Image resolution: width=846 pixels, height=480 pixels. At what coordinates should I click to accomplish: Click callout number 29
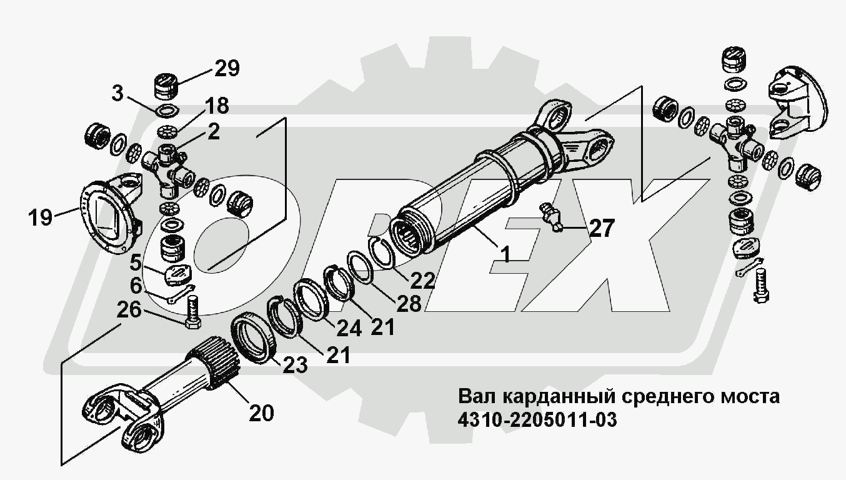[227, 68]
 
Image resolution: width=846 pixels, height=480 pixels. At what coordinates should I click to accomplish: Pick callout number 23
[294, 364]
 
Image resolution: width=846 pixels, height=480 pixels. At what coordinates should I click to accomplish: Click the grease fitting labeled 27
[550, 216]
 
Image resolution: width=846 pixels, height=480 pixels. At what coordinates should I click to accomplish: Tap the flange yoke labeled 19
[112, 209]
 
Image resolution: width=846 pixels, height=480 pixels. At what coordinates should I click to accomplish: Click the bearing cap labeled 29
[166, 86]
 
